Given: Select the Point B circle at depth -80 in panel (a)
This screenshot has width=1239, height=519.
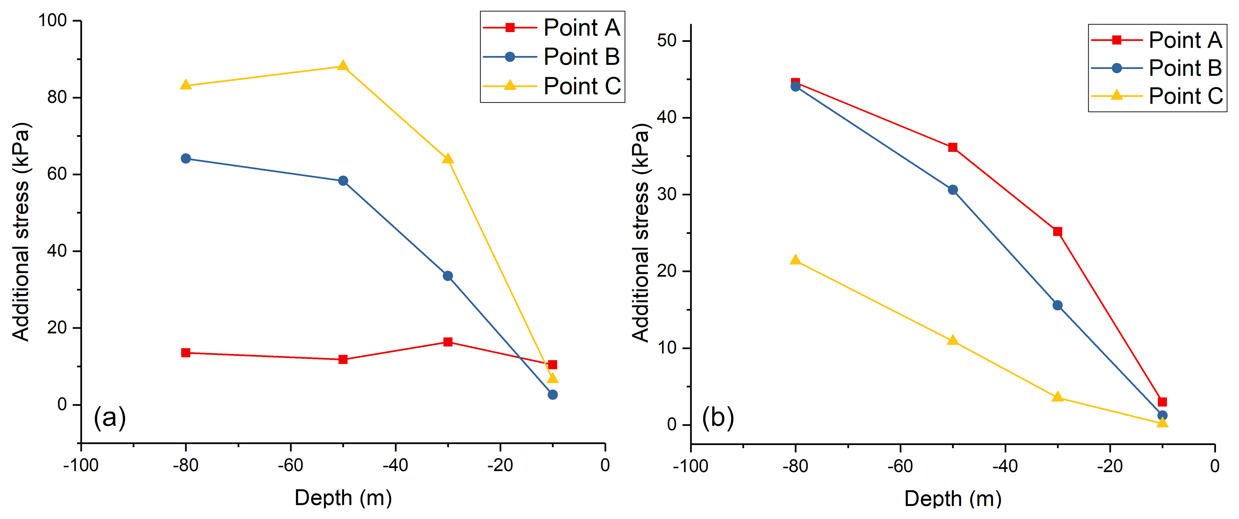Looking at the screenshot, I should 186,159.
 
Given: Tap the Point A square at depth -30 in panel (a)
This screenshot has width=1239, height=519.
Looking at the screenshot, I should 448,342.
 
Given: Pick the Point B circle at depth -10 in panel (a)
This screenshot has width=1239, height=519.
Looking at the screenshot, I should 553,395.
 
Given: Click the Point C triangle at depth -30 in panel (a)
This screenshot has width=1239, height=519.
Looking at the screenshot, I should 448,159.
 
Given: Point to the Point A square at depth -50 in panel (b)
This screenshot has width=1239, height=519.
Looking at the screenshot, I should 952,147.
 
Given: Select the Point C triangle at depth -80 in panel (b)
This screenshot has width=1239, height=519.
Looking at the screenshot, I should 796,260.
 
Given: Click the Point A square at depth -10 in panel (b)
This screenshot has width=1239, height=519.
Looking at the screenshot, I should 1162,402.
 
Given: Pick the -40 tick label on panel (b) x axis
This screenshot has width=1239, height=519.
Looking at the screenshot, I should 1005,466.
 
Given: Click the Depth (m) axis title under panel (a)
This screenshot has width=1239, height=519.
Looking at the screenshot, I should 343,498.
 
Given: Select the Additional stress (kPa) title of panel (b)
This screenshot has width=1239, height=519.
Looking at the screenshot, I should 641,232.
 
